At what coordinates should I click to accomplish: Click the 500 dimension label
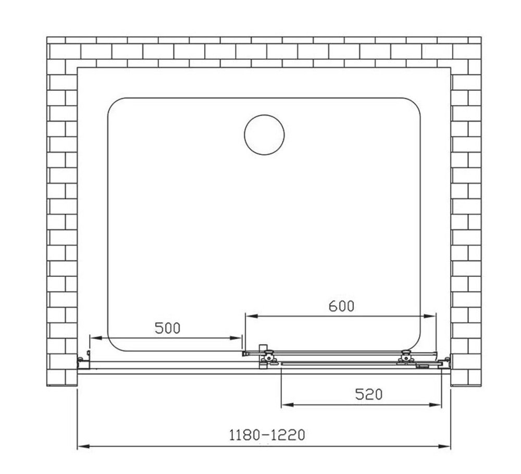tap(167, 329)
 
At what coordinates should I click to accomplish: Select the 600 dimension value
tap(342, 306)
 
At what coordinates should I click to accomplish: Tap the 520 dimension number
tap(369, 395)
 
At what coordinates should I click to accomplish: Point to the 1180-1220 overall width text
tap(267, 435)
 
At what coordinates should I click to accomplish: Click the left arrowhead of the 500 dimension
tap(95, 338)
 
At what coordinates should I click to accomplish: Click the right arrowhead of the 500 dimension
tap(236, 338)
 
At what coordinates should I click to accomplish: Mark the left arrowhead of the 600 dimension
tap(252, 315)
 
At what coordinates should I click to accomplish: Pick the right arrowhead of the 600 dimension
tap(430, 315)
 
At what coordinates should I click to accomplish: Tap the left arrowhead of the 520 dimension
tap(288, 405)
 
